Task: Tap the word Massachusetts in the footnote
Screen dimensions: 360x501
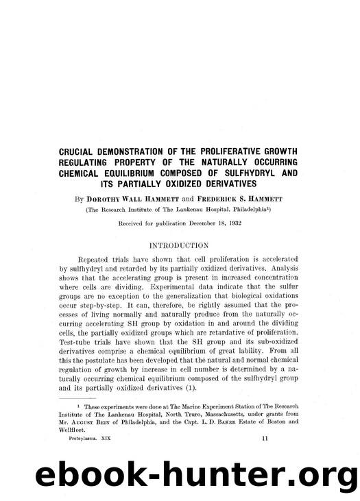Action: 202,414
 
